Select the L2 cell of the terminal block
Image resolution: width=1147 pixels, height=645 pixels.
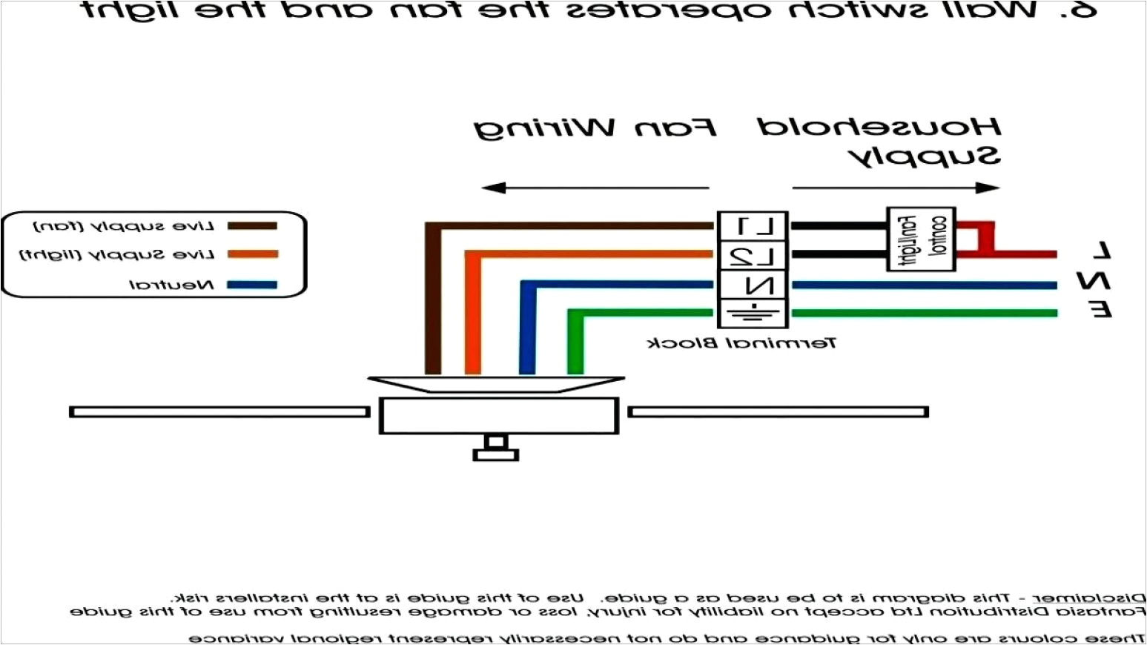click(x=753, y=256)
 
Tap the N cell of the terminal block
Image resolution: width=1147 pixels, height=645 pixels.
click(x=753, y=285)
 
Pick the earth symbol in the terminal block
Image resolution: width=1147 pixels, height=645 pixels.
click(x=753, y=312)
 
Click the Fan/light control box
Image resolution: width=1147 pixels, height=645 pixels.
click(x=921, y=239)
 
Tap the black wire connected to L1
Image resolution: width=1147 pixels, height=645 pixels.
click(x=838, y=225)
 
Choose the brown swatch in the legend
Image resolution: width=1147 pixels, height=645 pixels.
click(x=252, y=226)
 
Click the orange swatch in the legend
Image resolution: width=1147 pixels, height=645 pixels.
click(x=252, y=254)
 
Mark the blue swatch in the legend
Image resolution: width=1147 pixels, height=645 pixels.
click(x=252, y=285)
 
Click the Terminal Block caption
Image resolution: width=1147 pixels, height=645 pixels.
click(x=742, y=343)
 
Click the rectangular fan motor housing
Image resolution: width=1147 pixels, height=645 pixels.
click(x=498, y=415)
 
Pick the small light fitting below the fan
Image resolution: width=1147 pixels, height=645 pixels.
click(x=495, y=449)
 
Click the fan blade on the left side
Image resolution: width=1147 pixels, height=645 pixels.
click(x=219, y=411)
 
